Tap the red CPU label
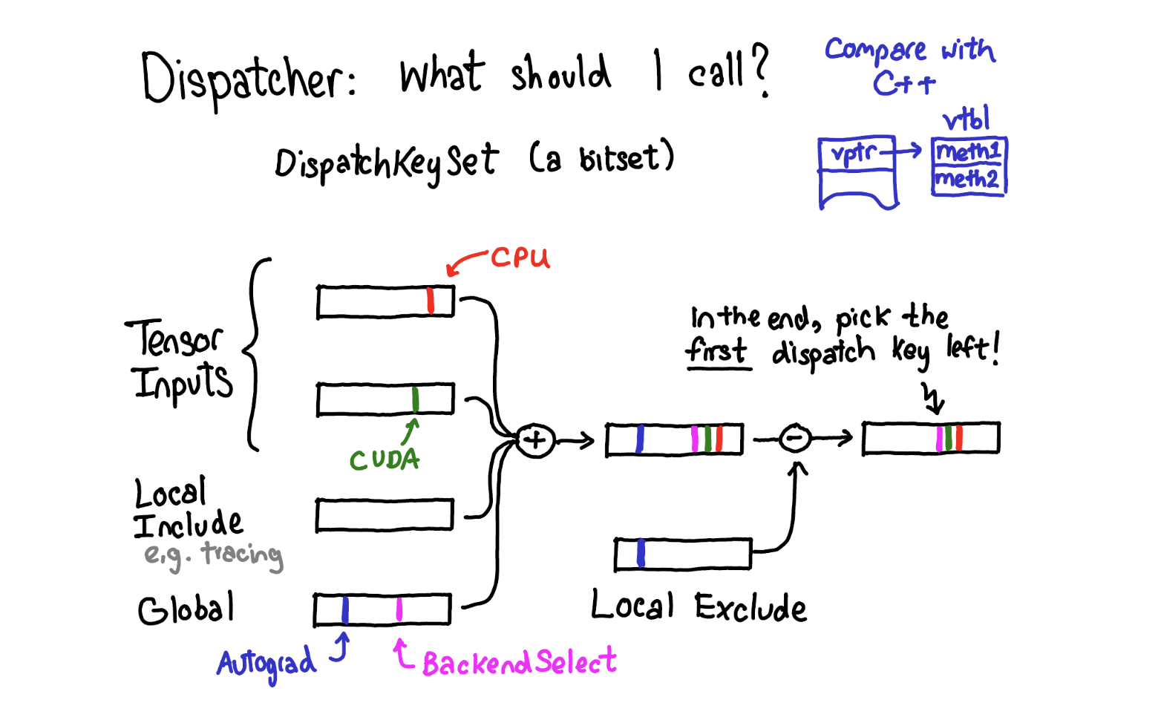point(520,258)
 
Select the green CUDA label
point(385,460)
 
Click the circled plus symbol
point(535,441)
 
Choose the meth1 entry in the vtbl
point(969,151)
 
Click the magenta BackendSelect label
point(519,662)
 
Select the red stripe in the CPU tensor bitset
point(431,301)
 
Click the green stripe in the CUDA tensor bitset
point(415,399)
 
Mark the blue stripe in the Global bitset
point(345,610)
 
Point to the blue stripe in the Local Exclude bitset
point(641,554)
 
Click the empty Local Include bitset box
point(385,515)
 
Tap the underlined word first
point(717,350)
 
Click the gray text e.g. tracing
point(214,554)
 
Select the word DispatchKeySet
point(386,163)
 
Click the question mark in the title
point(761,71)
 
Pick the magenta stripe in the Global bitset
point(399,609)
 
